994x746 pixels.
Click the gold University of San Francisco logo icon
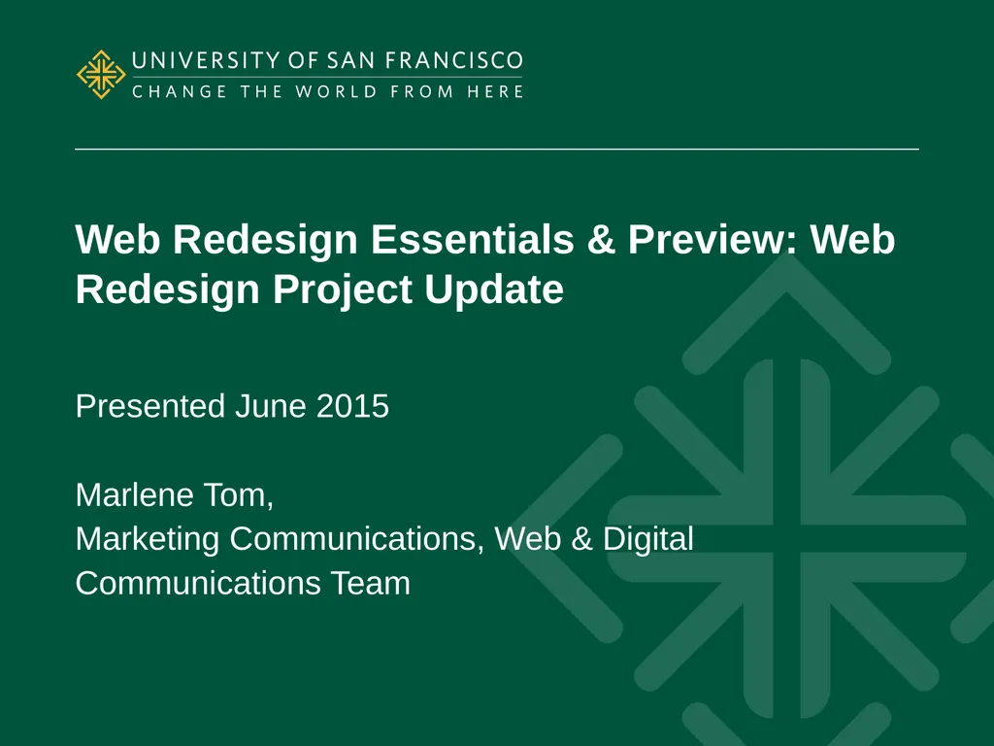[101, 75]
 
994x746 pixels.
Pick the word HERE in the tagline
[495, 92]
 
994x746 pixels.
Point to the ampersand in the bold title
[601, 241]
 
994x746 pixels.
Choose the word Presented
[150, 406]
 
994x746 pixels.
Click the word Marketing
[149, 539]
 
